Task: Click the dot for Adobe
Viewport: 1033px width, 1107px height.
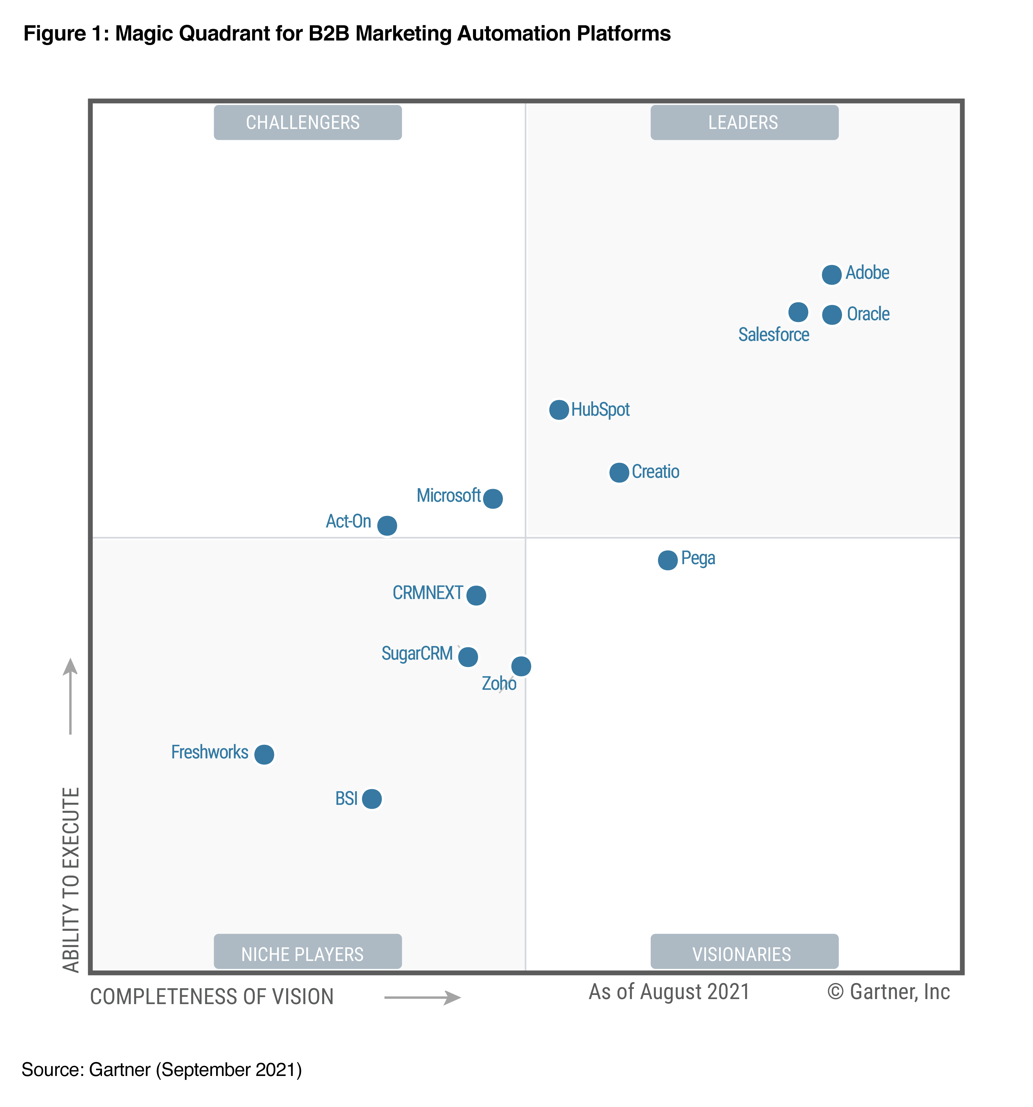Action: [x=831, y=274]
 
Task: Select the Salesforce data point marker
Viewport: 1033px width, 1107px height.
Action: [x=798, y=312]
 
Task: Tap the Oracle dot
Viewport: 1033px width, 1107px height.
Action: [x=832, y=315]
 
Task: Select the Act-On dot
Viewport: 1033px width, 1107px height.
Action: [x=387, y=525]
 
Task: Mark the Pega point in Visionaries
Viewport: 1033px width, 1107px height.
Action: [x=668, y=560]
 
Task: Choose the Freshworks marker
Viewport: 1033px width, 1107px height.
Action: [x=264, y=755]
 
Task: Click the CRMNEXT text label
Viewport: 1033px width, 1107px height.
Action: [x=428, y=593]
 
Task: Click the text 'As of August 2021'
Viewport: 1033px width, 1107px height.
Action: [x=669, y=992]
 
